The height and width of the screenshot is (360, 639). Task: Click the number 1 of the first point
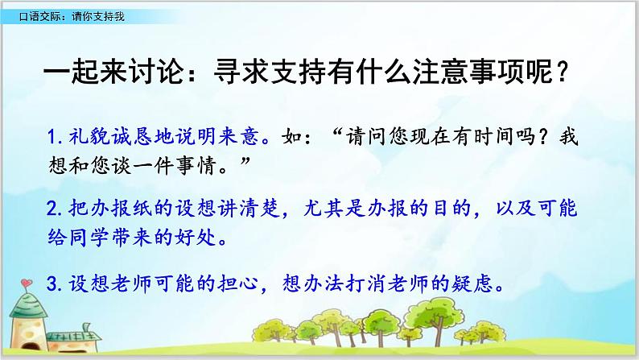click(x=51, y=136)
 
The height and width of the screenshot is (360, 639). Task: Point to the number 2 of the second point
click(x=51, y=210)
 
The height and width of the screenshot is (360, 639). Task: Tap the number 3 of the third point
click(x=51, y=283)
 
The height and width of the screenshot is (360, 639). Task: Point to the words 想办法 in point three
click(x=322, y=283)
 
